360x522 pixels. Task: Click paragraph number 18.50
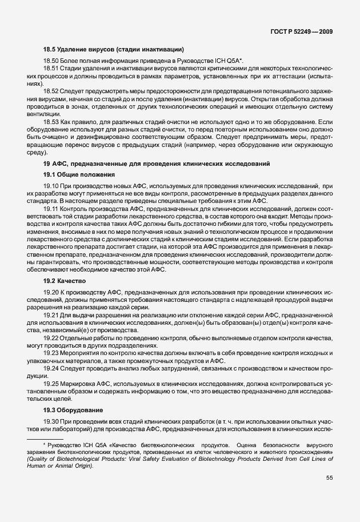51,60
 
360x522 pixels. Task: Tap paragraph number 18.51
51,68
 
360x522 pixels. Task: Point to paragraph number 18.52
51,91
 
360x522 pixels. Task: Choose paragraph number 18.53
51,122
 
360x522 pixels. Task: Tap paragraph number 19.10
51,186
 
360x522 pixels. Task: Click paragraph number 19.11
51,210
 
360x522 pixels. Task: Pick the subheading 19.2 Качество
65,281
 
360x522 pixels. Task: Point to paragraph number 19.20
51,293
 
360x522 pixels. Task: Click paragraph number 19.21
51,315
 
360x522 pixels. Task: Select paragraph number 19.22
51,338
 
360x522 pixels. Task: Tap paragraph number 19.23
51,354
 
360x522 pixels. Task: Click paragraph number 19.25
51,383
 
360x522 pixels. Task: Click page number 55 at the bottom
329,477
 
